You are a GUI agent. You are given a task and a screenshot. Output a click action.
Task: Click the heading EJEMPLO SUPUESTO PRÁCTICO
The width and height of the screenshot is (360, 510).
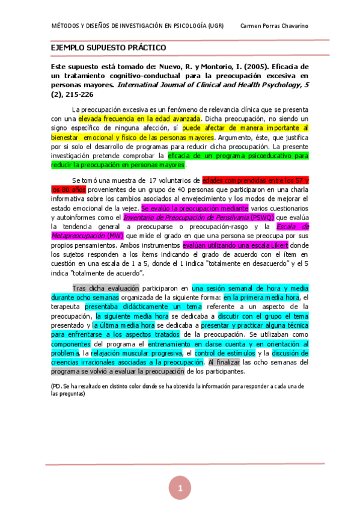[x=108, y=48]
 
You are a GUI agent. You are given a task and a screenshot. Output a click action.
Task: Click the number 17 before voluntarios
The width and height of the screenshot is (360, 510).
[x=153, y=180]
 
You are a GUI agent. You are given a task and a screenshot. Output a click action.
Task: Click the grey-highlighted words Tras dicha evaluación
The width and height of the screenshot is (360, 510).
[x=105, y=288]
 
